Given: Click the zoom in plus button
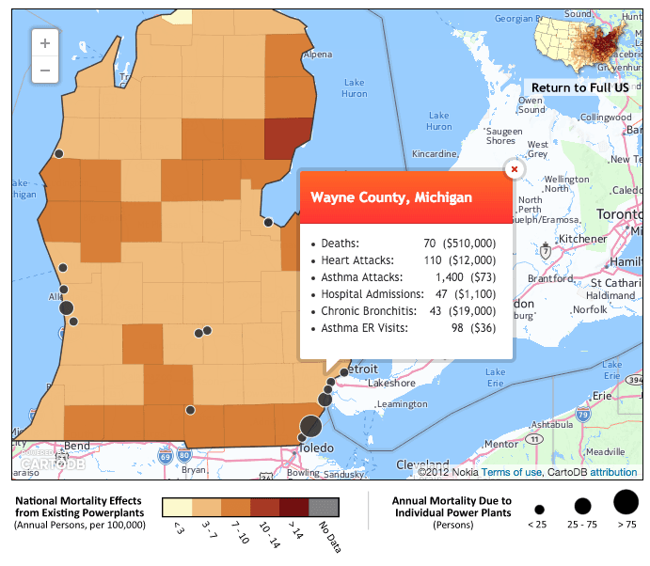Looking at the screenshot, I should pos(45,42).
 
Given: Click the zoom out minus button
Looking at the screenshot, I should pos(45,71).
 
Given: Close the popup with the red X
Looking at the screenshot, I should pos(514,169).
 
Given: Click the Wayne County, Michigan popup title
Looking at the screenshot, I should pos(391,198).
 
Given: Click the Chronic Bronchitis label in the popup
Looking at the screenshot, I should pos(368,310).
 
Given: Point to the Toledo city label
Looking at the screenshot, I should pos(316,448).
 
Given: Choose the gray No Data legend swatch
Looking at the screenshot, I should pos(325,508).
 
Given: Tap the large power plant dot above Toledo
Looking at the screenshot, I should pos(310,426).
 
